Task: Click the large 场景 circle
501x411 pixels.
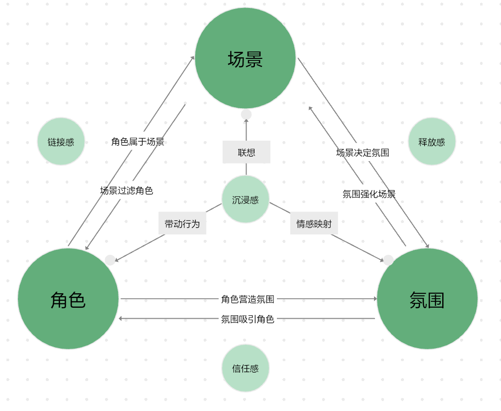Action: (246, 58)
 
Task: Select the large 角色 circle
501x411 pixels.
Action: (68, 299)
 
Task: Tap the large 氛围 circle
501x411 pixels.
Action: (427, 299)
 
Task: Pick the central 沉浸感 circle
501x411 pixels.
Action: (246, 200)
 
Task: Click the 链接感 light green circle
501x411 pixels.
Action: (61, 142)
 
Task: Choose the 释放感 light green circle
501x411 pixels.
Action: (432, 142)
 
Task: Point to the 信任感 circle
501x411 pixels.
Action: (246, 369)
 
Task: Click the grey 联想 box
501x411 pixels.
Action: (247, 152)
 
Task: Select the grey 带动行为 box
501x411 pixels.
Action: (182, 223)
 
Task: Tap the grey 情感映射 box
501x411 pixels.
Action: (314, 223)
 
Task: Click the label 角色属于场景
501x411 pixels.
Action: (137, 142)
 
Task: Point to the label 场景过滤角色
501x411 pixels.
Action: (126, 190)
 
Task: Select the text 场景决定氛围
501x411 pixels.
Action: (363, 153)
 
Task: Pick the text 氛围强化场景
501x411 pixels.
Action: (369, 194)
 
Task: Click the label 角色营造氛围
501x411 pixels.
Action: (248, 299)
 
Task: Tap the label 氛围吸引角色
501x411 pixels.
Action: (248, 319)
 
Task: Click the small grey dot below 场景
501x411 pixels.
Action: (246, 115)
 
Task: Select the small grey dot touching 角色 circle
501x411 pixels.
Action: (110, 260)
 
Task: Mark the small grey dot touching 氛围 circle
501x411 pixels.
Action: (388, 260)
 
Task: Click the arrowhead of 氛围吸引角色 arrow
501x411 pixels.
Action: (121, 318)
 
